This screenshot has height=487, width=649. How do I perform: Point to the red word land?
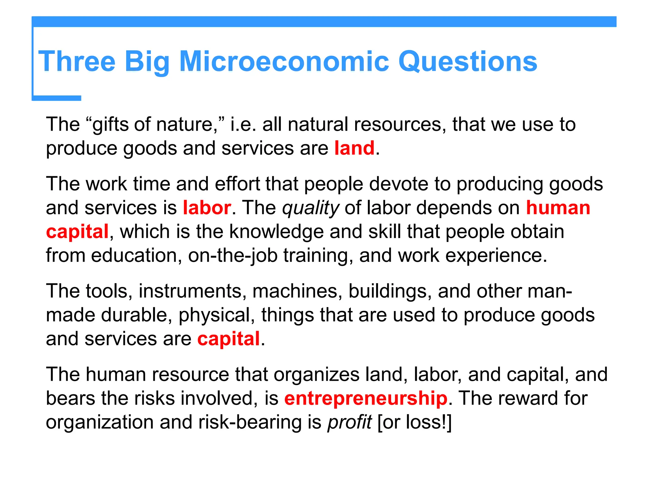tap(354, 148)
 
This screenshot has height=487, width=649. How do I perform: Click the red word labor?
tap(207, 208)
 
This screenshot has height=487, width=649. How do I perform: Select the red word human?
tap(558, 208)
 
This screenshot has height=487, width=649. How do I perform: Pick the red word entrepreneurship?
tap(366, 398)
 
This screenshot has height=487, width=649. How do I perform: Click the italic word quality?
tap(311, 208)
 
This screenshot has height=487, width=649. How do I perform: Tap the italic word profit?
tap(350, 422)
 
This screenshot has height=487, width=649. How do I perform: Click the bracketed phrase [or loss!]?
tap(414, 422)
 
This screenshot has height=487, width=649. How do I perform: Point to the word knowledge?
tap(276, 232)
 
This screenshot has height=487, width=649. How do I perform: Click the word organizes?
tap(317, 375)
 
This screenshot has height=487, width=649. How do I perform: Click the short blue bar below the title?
tap(57, 98)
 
